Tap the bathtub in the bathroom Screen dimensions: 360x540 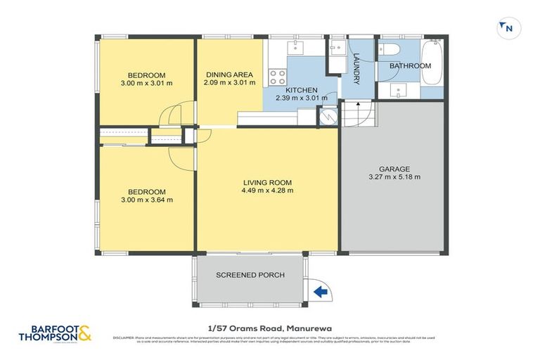[x=433, y=64]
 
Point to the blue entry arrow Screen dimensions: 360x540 [x=320, y=290]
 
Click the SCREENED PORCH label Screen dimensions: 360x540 [x=250, y=275]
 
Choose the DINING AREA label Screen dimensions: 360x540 [x=229, y=75]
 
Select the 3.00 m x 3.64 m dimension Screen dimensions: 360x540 [x=146, y=200]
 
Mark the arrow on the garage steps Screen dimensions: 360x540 [x=358, y=107]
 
